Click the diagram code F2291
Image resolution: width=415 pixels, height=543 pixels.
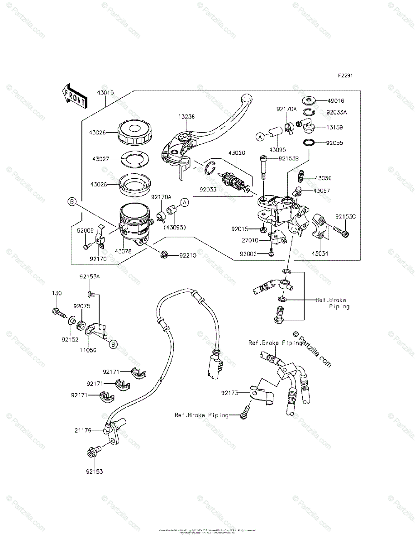(x=343, y=76)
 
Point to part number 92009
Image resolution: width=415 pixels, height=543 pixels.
(x=85, y=230)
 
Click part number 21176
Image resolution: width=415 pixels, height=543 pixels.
(x=84, y=430)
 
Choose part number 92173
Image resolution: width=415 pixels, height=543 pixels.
(x=230, y=393)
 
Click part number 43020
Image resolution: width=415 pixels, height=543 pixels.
(x=236, y=153)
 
